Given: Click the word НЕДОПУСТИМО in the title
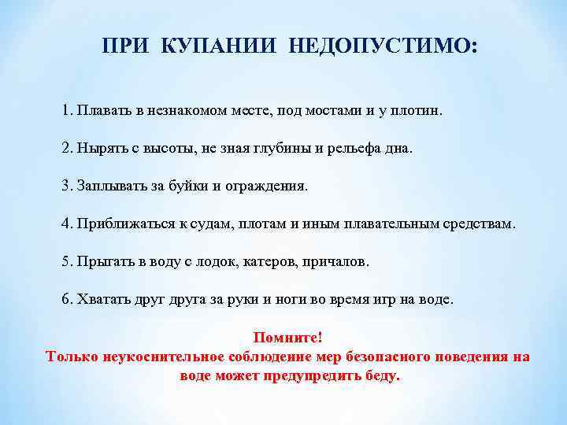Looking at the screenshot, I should pos(383,47).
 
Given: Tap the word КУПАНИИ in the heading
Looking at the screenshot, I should pos(221,47).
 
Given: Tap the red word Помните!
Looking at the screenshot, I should pos(287,338).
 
